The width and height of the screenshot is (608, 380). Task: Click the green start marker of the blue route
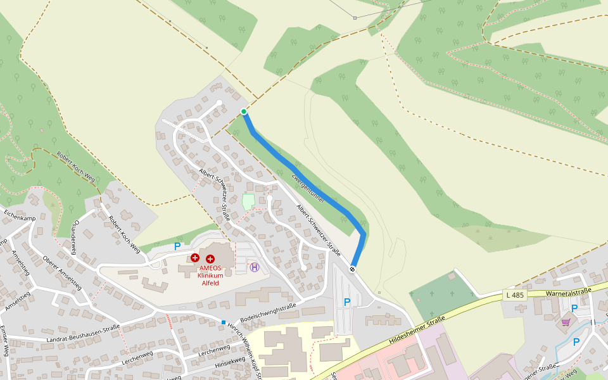244,111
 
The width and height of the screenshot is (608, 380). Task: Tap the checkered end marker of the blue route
353,269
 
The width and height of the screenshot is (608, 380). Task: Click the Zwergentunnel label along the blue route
308,188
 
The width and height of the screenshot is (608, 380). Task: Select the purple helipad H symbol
255,267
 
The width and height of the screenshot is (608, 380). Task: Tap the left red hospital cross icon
195,258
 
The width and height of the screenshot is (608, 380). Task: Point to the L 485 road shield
516,295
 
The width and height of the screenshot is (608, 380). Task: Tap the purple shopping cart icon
566,322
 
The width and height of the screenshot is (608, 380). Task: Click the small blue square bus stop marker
224,322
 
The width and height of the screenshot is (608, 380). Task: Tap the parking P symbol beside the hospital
177,246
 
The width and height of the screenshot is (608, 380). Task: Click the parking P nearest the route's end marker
347,302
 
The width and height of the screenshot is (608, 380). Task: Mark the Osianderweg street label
75,237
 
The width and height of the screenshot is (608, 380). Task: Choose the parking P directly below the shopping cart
576,342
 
